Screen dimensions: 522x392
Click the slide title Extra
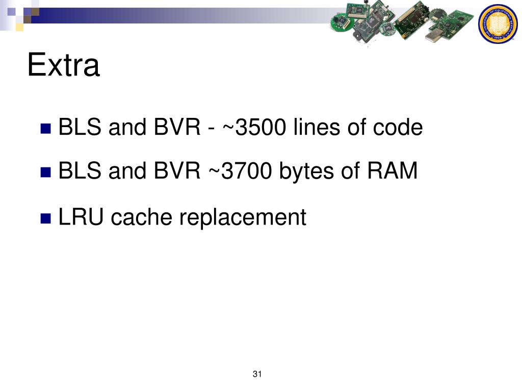coord(63,66)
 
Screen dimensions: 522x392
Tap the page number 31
coord(257,375)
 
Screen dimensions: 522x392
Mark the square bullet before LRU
coord(46,218)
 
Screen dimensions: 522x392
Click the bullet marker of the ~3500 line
coord(46,128)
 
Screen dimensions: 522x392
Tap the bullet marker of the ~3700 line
coord(46,172)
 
